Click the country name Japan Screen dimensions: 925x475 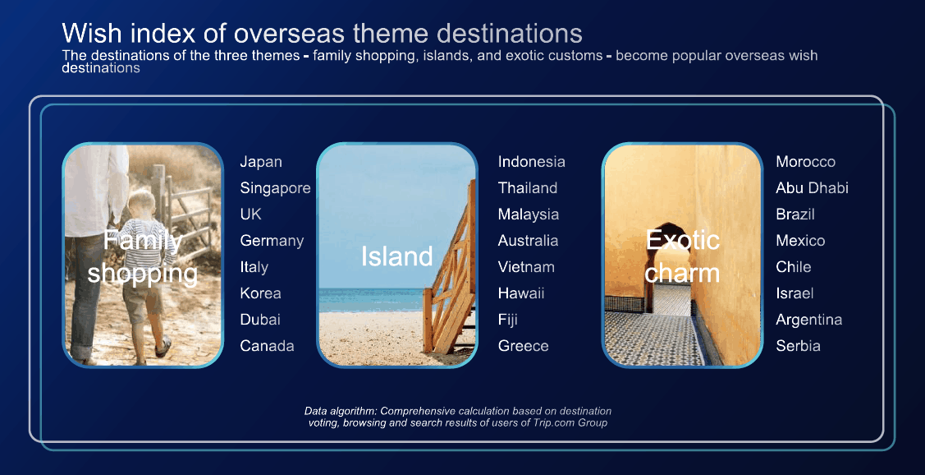(261, 162)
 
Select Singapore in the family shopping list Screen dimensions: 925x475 (275, 188)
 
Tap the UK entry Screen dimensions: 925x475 (250, 214)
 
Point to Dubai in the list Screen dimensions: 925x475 (260, 320)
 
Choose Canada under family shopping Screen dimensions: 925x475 (268, 346)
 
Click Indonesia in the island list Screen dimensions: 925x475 (532, 162)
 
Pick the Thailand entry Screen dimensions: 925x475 (528, 188)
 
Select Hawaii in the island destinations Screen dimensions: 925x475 (521, 293)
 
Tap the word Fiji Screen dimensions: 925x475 (508, 321)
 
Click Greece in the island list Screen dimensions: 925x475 (524, 346)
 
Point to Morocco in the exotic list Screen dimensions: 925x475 (805, 162)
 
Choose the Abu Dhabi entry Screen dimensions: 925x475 (812, 188)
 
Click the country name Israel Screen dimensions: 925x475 (794, 293)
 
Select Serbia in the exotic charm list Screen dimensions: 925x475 (798, 346)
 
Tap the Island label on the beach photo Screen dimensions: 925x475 (397, 256)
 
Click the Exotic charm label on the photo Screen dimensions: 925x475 (683, 257)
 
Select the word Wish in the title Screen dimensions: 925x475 (92, 33)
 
